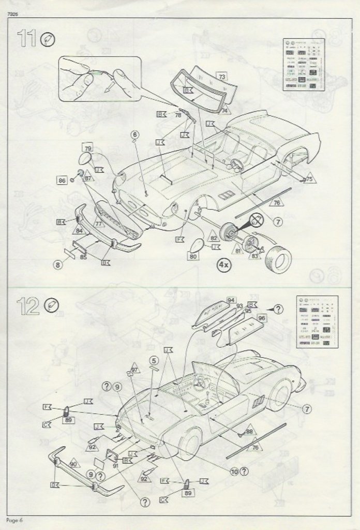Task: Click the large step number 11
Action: point(27,39)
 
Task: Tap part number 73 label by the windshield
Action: point(222,76)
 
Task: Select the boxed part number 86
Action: point(62,181)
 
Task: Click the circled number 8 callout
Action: point(58,265)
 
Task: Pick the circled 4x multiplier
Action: point(224,264)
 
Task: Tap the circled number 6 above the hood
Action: point(135,136)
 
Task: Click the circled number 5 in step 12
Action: point(153,360)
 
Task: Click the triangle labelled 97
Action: point(135,371)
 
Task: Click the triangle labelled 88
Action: point(249,431)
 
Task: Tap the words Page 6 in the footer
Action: point(16,519)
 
